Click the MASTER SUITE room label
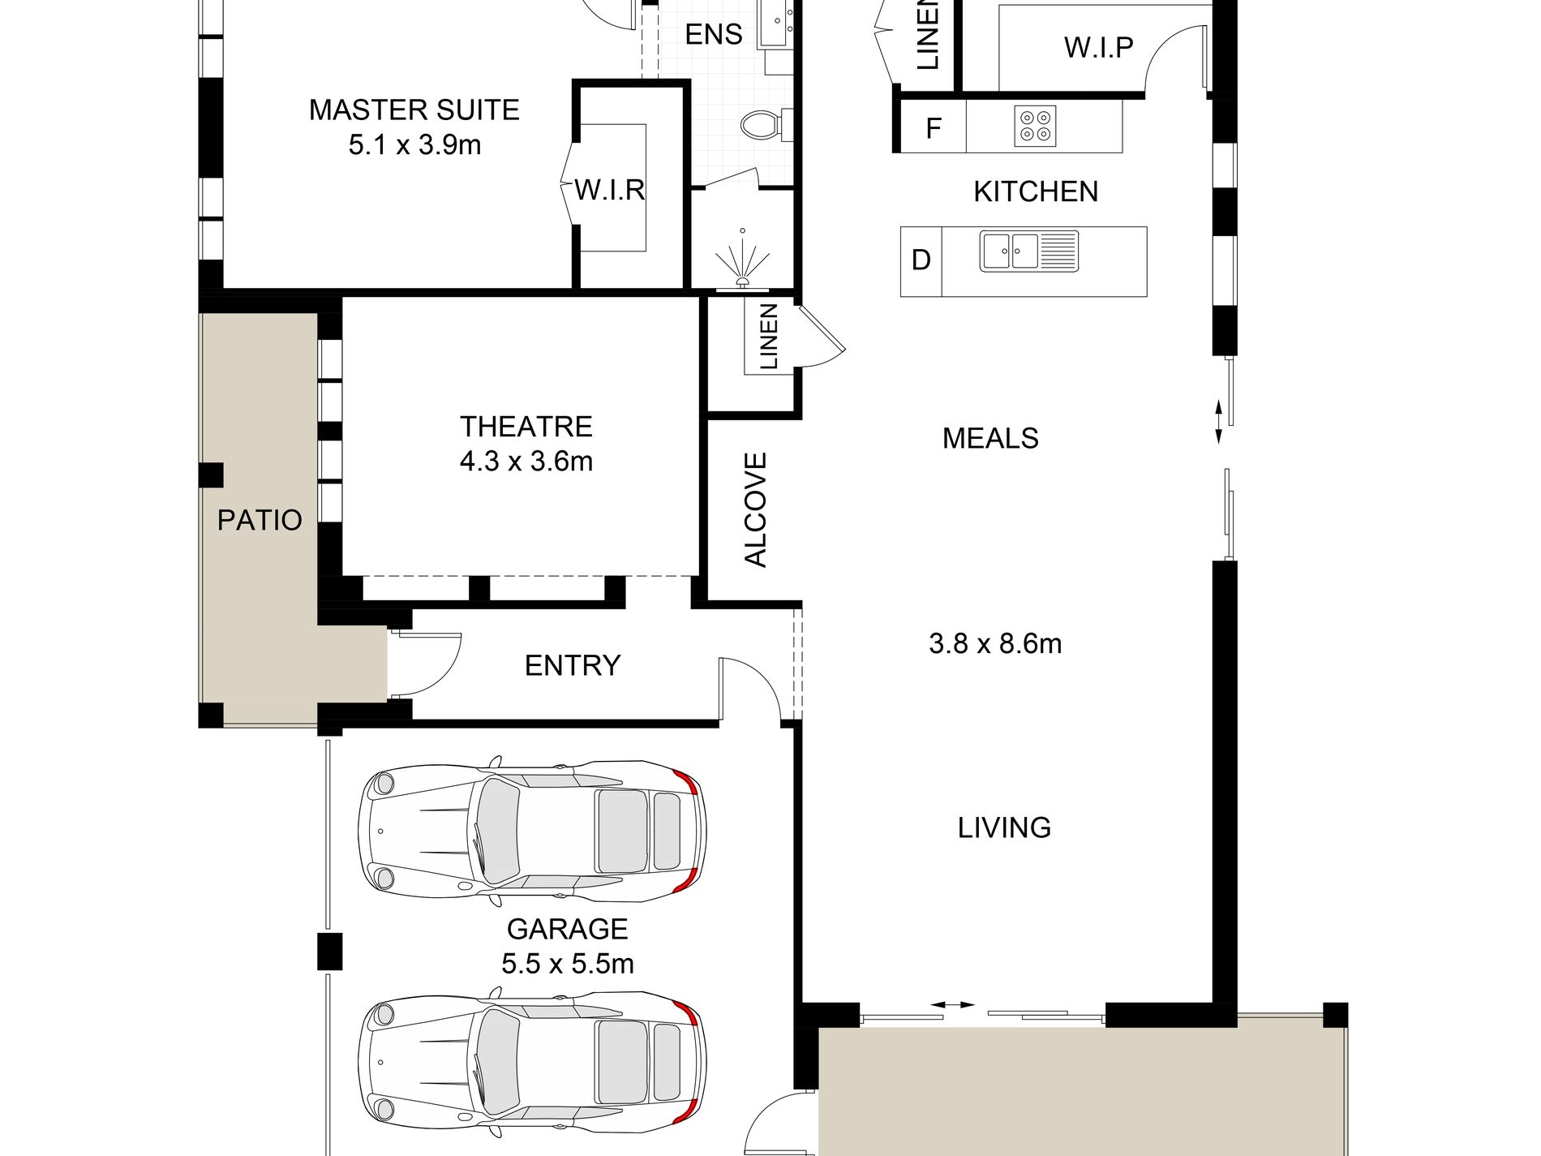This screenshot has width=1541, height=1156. pos(414,110)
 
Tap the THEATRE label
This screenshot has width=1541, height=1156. pos(526,426)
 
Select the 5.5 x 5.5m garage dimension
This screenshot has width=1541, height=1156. pos(567,964)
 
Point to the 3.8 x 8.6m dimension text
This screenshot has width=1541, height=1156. pos(995,643)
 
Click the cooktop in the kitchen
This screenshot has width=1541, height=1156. pos(1035,126)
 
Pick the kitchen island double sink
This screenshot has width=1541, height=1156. pos(1029,251)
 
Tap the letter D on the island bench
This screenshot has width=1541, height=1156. pos(921,260)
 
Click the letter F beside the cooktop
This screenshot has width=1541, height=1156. pos(934,127)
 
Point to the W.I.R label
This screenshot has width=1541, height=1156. pos(610,190)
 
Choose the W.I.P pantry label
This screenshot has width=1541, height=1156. pos(1098,47)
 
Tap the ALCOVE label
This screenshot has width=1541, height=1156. pos(755,509)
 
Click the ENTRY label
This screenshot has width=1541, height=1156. pos(573,665)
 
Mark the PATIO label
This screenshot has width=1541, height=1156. pos(260,520)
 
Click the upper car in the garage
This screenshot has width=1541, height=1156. pos(532,831)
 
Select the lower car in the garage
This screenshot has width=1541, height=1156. pos(532,1062)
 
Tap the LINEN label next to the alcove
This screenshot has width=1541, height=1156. pos(768,336)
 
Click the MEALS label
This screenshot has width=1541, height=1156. pos(990,438)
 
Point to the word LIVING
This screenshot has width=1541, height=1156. pos(1004,827)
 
